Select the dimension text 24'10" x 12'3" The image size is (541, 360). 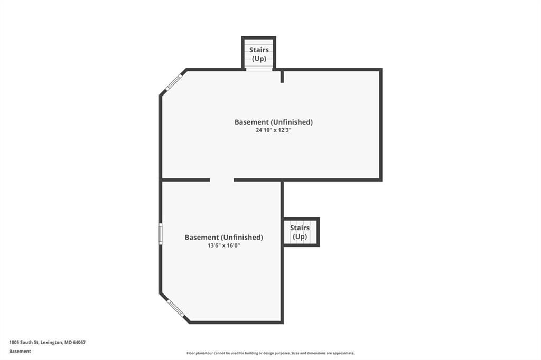click(x=274, y=130)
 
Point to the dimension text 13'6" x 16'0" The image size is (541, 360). click(x=223, y=245)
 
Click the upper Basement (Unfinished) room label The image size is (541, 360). click(x=274, y=122)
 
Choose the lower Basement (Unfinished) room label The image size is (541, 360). click(x=223, y=237)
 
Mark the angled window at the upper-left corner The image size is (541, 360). click(x=173, y=82)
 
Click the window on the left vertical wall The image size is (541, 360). click(x=161, y=234)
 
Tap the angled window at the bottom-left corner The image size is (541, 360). click(x=175, y=308)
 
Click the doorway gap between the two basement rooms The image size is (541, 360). click(x=222, y=180)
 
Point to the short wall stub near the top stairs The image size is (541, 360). click(x=282, y=76)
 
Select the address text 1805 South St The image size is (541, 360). click(x=24, y=343)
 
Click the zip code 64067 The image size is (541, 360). click(x=79, y=343)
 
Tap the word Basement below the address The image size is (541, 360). click(x=20, y=352)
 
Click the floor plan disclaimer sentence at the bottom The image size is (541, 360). click(x=270, y=353)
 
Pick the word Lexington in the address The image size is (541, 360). click(x=51, y=343)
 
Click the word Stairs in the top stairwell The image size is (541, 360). click(x=259, y=50)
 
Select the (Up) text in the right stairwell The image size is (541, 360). click(x=300, y=237)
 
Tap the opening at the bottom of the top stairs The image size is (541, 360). click(x=259, y=69)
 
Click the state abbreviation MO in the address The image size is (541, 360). click(x=68, y=343)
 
